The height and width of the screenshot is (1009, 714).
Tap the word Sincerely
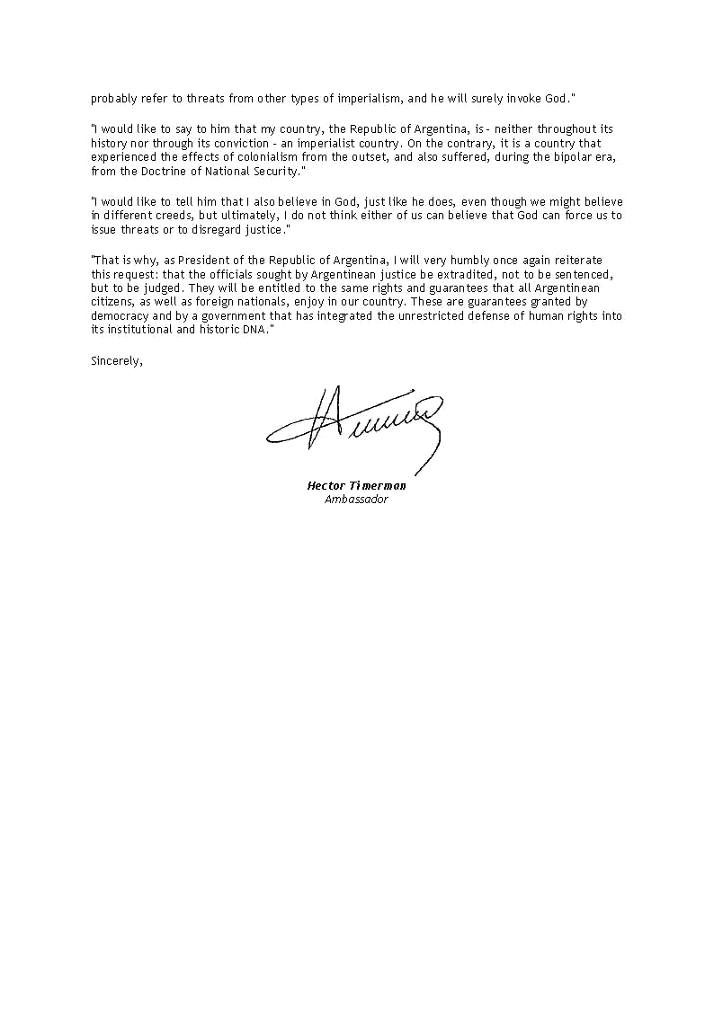click(x=117, y=361)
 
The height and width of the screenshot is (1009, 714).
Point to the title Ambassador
click(x=356, y=499)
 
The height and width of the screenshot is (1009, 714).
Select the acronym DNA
click(x=254, y=330)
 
